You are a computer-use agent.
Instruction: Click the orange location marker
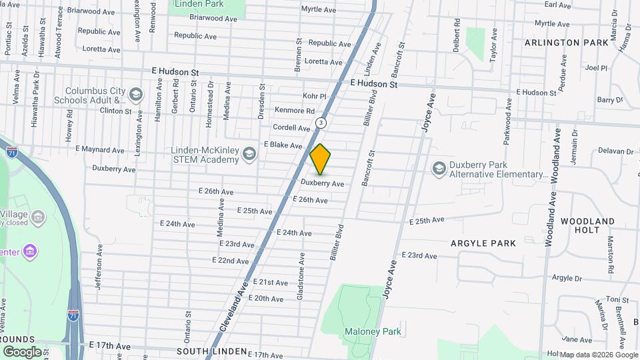pyautogui.click(x=321, y=159)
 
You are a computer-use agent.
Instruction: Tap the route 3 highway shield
pyautogui.click(x=321, y=123)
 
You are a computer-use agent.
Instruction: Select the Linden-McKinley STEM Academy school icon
pyautogui.click(x=249, y=155)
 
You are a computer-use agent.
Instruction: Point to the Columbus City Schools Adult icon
pyautogui.click(x=136, y=95)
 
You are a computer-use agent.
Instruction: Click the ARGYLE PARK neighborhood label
pyautogui.click(x=483, y=243)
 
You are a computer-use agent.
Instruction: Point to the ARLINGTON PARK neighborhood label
pyautogui.click(x=567, y=43)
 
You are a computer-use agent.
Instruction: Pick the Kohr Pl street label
pyautogui.click(x=314, y=96)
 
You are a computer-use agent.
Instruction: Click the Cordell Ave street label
pyautogui.click(x=291, y=127)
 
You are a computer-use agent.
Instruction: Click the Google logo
pyautogui.click(x=23, y=351)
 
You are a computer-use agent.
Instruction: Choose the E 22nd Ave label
pyautogui.click(x=231, y=260)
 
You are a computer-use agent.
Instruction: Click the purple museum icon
pyautogui.click(x=30, y=251)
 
